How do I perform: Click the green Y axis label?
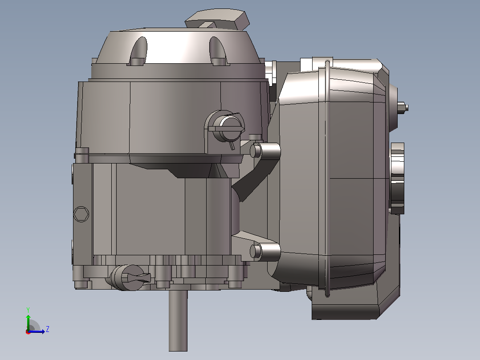pyautogui.click(x=28, y=310)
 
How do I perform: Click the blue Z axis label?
pyautogui.click(x=48, y=329)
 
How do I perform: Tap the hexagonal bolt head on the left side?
pyautogui.click(x=81, y=214)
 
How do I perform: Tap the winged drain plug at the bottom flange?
pyautogui.click(x=130, y=277)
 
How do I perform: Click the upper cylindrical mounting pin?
pyautogui.click(x=265, y=151)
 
